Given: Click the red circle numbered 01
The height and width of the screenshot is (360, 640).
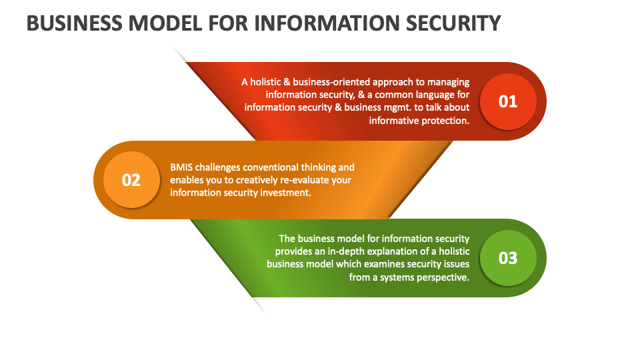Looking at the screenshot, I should [x=508, y=101].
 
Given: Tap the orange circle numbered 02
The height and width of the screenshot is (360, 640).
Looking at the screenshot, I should [x=131, y=180].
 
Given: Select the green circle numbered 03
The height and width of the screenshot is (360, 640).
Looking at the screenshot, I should [x=508, y=258].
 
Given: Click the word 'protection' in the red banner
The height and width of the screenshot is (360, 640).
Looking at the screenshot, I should [x=445, y=121].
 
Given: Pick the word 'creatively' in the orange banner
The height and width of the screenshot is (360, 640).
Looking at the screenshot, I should [x=255, y=180].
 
